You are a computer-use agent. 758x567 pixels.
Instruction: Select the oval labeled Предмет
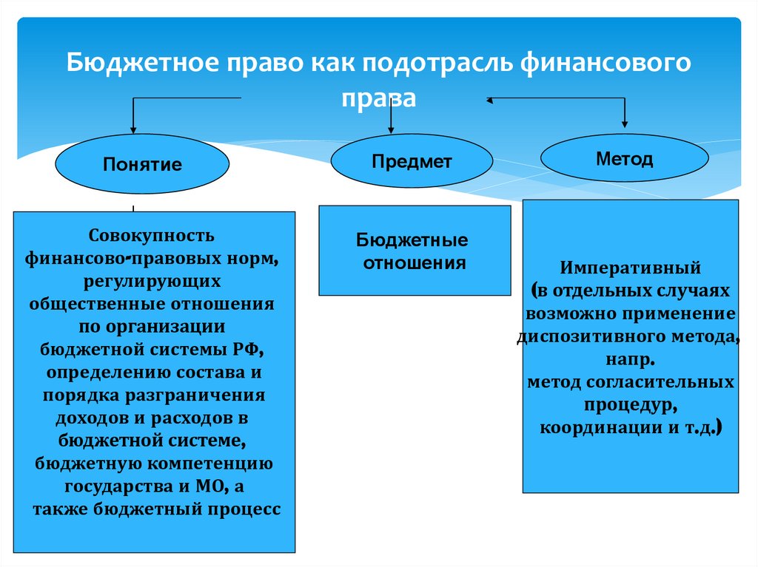coord(411,161)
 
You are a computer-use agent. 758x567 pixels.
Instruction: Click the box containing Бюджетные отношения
coord(414,251)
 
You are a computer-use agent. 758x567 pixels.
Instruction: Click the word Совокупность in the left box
coord(152,236)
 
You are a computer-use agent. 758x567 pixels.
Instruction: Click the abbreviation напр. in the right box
coord(629,360)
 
